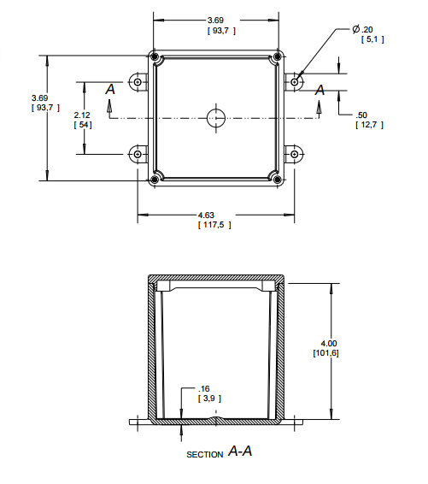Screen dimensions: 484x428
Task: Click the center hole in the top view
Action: [216, 117]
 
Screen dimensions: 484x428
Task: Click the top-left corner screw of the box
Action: [155, 57]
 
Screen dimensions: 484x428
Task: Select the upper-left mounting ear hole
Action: [138, 82]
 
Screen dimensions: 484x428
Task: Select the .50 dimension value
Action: [362, 115]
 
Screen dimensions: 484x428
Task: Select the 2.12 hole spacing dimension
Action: [82, 115]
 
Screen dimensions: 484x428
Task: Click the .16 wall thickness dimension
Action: [206, 389]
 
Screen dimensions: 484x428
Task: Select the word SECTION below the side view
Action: [204, 454]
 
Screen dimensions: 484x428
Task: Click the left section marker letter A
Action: [109, 89]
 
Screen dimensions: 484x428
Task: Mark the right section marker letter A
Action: [320, 90]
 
